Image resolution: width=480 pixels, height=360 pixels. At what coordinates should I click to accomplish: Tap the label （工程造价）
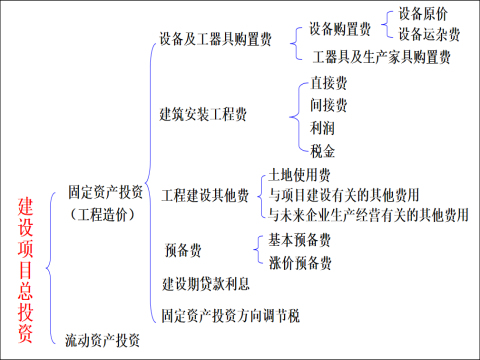click(104, 213)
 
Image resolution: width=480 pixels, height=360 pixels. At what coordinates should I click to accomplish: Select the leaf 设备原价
click(423, 14)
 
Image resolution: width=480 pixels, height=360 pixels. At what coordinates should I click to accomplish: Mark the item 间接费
click(329, 105)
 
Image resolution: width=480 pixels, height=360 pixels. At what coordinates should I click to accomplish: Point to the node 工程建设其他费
click(205, 194)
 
